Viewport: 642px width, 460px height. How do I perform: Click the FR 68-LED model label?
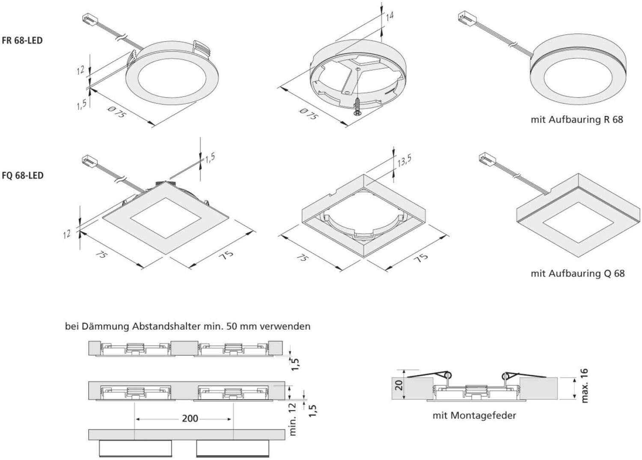point(22,41)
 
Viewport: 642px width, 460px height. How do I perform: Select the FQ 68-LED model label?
point(22,175)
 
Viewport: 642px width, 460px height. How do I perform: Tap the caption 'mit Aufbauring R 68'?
point(577,120)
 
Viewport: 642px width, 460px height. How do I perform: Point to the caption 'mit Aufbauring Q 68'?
point(577,273)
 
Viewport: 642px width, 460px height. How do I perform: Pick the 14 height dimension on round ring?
point(389,17)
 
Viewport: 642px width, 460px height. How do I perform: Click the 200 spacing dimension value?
point(190,418)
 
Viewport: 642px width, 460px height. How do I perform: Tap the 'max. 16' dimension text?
point(585,386)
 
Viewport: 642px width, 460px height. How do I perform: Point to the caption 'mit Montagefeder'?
point(474,416)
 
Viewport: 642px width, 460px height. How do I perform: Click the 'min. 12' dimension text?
point(293,421)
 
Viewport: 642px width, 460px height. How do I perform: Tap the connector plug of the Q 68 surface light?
point(487,158)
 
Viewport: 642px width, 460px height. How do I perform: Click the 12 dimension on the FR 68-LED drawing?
point(80,70)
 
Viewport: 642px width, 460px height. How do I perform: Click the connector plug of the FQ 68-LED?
point(87,159)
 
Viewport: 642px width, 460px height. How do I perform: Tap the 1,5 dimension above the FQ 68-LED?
point(210,158)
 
